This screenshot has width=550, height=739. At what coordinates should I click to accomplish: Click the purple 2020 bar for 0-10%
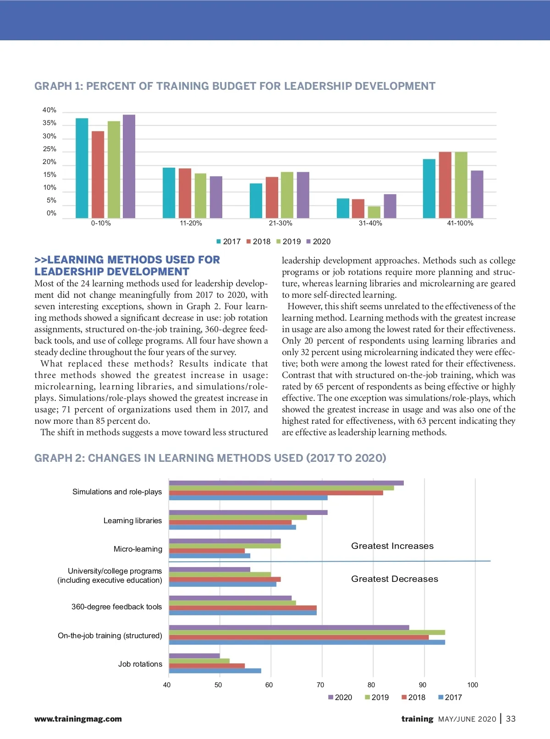(x=129, y=166)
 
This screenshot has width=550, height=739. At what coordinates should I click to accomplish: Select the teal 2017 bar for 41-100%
(x=429, y=188)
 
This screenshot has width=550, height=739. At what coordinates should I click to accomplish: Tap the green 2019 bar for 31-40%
(x=374, y=212)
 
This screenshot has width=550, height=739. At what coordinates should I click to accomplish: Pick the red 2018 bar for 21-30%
(x=272, y=197)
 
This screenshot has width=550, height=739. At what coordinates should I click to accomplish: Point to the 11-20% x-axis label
(x=191, y=224)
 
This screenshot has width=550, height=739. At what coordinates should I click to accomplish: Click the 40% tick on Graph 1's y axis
(x=49, y=110)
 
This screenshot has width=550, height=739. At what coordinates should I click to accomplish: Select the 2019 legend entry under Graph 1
(x=289, y=241)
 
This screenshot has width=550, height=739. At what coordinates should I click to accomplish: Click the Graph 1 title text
(x=235, y=86)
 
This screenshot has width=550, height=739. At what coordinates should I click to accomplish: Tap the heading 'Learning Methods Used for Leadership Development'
(x=127, y=266)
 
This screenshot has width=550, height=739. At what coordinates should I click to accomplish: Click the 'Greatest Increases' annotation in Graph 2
(x=392, y=546)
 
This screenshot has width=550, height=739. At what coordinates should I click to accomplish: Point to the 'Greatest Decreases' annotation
(x=395, y=579)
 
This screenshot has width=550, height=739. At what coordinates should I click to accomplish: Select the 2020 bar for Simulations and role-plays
(x=286, y=483)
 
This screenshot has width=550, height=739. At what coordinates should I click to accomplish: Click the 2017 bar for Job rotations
(x=215, y=671)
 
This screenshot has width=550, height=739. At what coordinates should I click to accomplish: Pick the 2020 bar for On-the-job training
(x=289, y=628)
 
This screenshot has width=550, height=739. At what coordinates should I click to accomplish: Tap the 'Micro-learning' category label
(x=138, y=549)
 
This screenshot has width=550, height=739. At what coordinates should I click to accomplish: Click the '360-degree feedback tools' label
(x=117, y=607)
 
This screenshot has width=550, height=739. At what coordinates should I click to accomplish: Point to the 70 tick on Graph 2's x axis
(x=320, y=685)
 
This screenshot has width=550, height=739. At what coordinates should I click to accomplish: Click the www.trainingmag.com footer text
(x=78, y=719)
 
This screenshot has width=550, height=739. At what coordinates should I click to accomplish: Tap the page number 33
(x=511, y=719)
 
